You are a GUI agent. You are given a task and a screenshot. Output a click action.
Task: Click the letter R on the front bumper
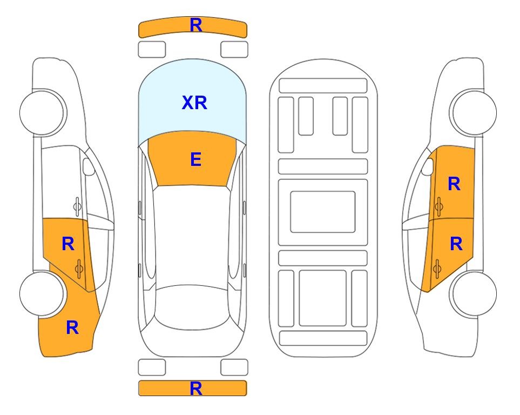point(195,25)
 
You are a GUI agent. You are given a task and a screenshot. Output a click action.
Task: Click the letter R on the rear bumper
point(195,389)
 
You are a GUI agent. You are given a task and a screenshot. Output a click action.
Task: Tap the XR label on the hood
point(194,103)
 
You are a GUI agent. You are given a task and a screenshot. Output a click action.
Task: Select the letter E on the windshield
point(195,159)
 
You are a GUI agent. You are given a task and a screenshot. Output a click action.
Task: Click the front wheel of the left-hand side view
point(42,113)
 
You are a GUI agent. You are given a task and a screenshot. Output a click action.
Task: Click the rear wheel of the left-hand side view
point(42,294)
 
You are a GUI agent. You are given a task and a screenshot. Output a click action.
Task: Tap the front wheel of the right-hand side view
point(474,113)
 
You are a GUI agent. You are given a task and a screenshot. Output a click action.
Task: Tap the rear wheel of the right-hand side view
point(474,294)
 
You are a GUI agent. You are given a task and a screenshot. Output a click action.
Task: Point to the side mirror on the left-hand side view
point(88,166)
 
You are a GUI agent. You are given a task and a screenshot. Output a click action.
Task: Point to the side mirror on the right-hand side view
point(428,166)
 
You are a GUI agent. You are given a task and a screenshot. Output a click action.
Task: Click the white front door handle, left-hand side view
point(77,206)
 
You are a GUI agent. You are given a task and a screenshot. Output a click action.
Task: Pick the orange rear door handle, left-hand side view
point(79,269)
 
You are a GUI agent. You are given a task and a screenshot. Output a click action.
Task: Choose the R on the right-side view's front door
point(454,184)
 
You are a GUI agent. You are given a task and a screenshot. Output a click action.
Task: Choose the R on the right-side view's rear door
point(456,244)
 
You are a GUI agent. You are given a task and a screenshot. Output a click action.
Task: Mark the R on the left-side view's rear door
point(68,244)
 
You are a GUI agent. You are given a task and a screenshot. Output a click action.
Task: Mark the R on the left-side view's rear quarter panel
point(72,327)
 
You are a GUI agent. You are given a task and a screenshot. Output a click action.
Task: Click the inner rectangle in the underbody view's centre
point(323,212)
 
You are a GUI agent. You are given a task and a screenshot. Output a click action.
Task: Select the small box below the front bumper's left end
point(152,50)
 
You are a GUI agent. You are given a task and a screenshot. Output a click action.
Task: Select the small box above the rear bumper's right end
point(234,367)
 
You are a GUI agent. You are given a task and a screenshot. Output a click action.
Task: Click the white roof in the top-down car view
point(192,236)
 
